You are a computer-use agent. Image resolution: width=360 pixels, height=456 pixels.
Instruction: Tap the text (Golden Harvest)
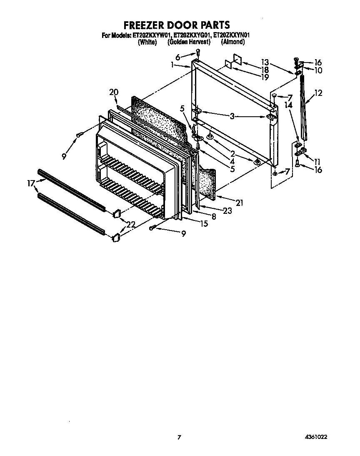189,43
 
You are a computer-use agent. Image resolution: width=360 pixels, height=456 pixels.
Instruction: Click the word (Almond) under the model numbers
232,43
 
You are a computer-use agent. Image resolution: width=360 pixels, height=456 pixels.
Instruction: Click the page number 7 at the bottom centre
180,437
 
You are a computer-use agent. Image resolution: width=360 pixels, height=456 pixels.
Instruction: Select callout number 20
114,92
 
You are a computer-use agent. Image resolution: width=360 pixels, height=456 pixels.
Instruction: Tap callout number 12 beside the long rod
318,93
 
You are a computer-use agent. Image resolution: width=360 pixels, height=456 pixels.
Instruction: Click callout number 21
239,203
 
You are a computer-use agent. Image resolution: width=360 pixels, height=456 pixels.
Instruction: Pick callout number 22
131,225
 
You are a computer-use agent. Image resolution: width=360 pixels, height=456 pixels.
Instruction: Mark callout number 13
265,61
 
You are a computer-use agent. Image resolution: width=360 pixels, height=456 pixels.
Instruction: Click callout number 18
265,70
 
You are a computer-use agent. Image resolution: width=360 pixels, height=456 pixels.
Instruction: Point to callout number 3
232,117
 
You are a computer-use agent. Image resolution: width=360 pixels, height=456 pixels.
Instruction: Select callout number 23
227,211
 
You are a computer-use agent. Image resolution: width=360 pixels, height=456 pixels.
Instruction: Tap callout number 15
204,224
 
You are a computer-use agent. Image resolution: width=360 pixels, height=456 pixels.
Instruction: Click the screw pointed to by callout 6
198,53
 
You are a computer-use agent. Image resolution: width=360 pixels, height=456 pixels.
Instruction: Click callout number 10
318,70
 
